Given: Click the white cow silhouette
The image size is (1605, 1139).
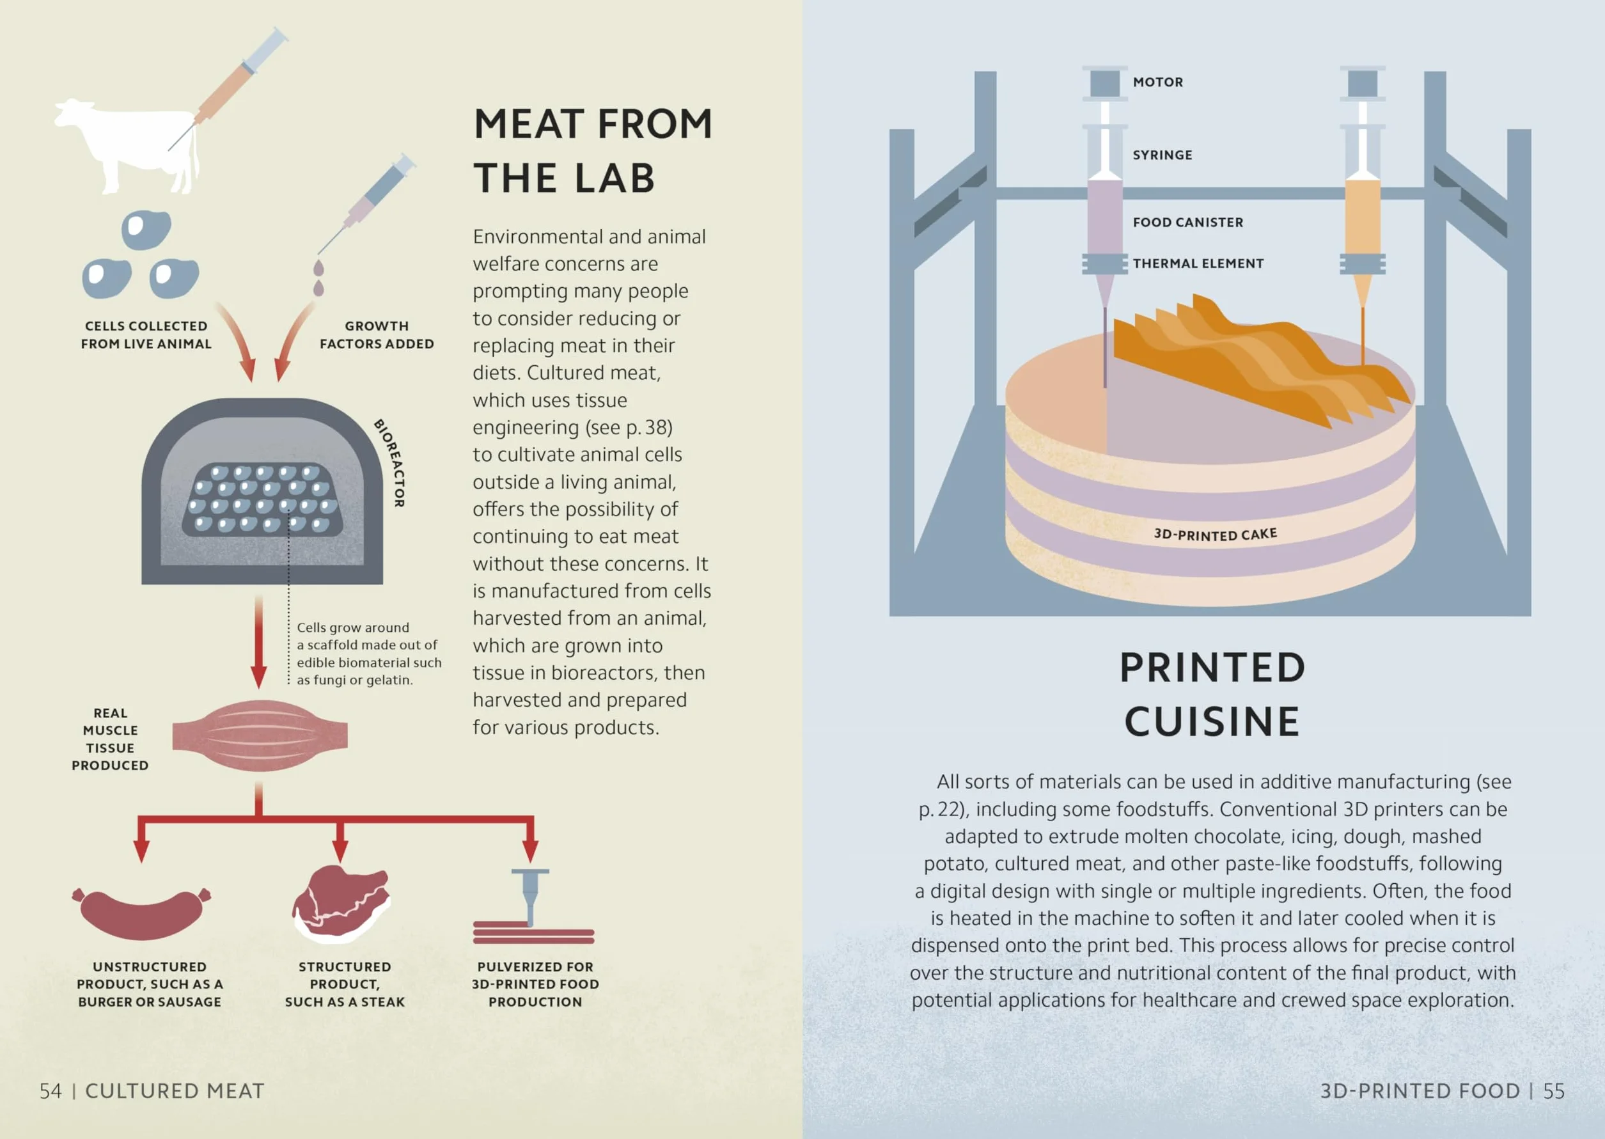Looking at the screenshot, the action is (130, 144).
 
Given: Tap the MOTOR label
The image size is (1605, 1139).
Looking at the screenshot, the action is (1157, 82).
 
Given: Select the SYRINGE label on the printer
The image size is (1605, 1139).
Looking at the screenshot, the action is (1162, 155).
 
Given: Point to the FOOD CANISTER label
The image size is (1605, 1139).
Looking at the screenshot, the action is (1188, 223).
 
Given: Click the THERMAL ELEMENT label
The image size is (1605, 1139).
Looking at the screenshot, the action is (1198, 263).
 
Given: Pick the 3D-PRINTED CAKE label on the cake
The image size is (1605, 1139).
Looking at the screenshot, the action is (1215, 535).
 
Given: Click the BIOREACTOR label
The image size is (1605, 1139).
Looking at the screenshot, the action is (391, 463).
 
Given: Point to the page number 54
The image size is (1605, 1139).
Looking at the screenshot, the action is (51, 1091).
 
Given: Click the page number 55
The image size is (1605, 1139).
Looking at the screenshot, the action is (1554, 1091).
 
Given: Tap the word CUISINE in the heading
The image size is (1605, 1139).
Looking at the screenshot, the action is (1212, 721).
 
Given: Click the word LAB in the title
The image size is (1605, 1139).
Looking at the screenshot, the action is (615, 178).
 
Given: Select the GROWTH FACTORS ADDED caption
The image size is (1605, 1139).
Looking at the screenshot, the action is (377, 335).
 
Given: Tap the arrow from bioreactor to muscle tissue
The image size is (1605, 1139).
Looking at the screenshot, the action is (259, 641).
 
